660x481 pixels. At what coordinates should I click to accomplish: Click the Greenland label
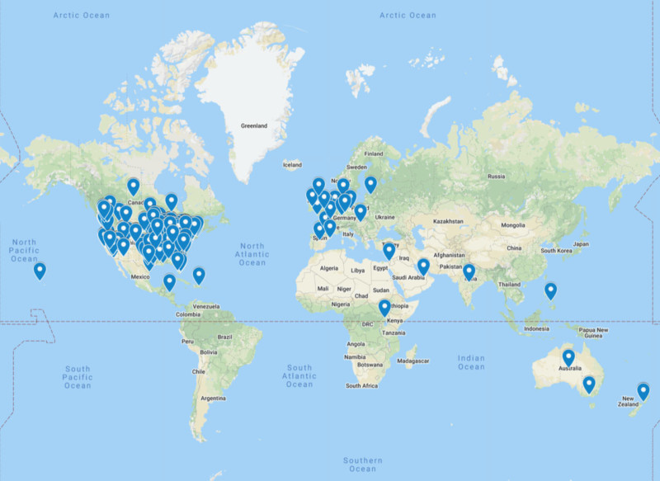(x=253, y=126)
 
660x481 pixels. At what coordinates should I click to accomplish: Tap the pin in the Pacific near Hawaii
(x=39, y=270)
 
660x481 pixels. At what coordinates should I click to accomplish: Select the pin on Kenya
(x=384, y=308)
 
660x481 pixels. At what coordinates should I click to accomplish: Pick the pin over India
(x=469, y=271)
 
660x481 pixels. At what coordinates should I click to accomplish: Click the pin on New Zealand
(x=643, y=390)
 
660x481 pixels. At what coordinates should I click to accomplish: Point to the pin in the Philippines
(x=550, y=290)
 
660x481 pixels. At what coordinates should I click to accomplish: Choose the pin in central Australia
(x=568, y=357)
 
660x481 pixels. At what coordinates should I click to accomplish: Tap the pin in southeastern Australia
(x=588, y=384)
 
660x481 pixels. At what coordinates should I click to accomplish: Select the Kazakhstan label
(x=446, y=221)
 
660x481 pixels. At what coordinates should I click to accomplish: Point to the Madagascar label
(x=412, y=361)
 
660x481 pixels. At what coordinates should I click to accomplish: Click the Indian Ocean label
(x=471, y=361)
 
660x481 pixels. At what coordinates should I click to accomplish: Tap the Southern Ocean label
(x=363, y=464)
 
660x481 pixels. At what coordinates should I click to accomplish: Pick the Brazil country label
(x=224, y=337)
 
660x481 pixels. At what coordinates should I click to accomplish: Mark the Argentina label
(x=212, y=398)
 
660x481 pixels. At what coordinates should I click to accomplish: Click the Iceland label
(x=293, y=165)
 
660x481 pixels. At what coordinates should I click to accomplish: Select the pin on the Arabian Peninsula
(x=422, y=266)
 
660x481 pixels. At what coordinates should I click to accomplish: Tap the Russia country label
(x=497, y=176)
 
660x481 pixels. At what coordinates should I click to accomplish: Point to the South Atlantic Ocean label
(x=299, y=376)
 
